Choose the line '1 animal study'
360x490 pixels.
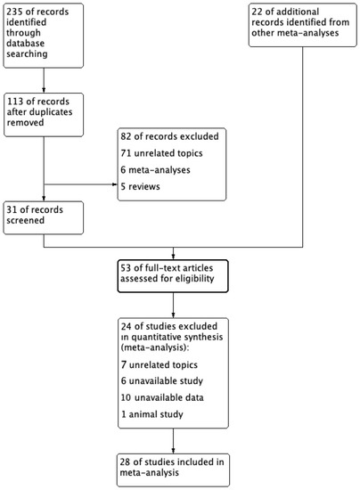pyautogui.click(x=150, y=417)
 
